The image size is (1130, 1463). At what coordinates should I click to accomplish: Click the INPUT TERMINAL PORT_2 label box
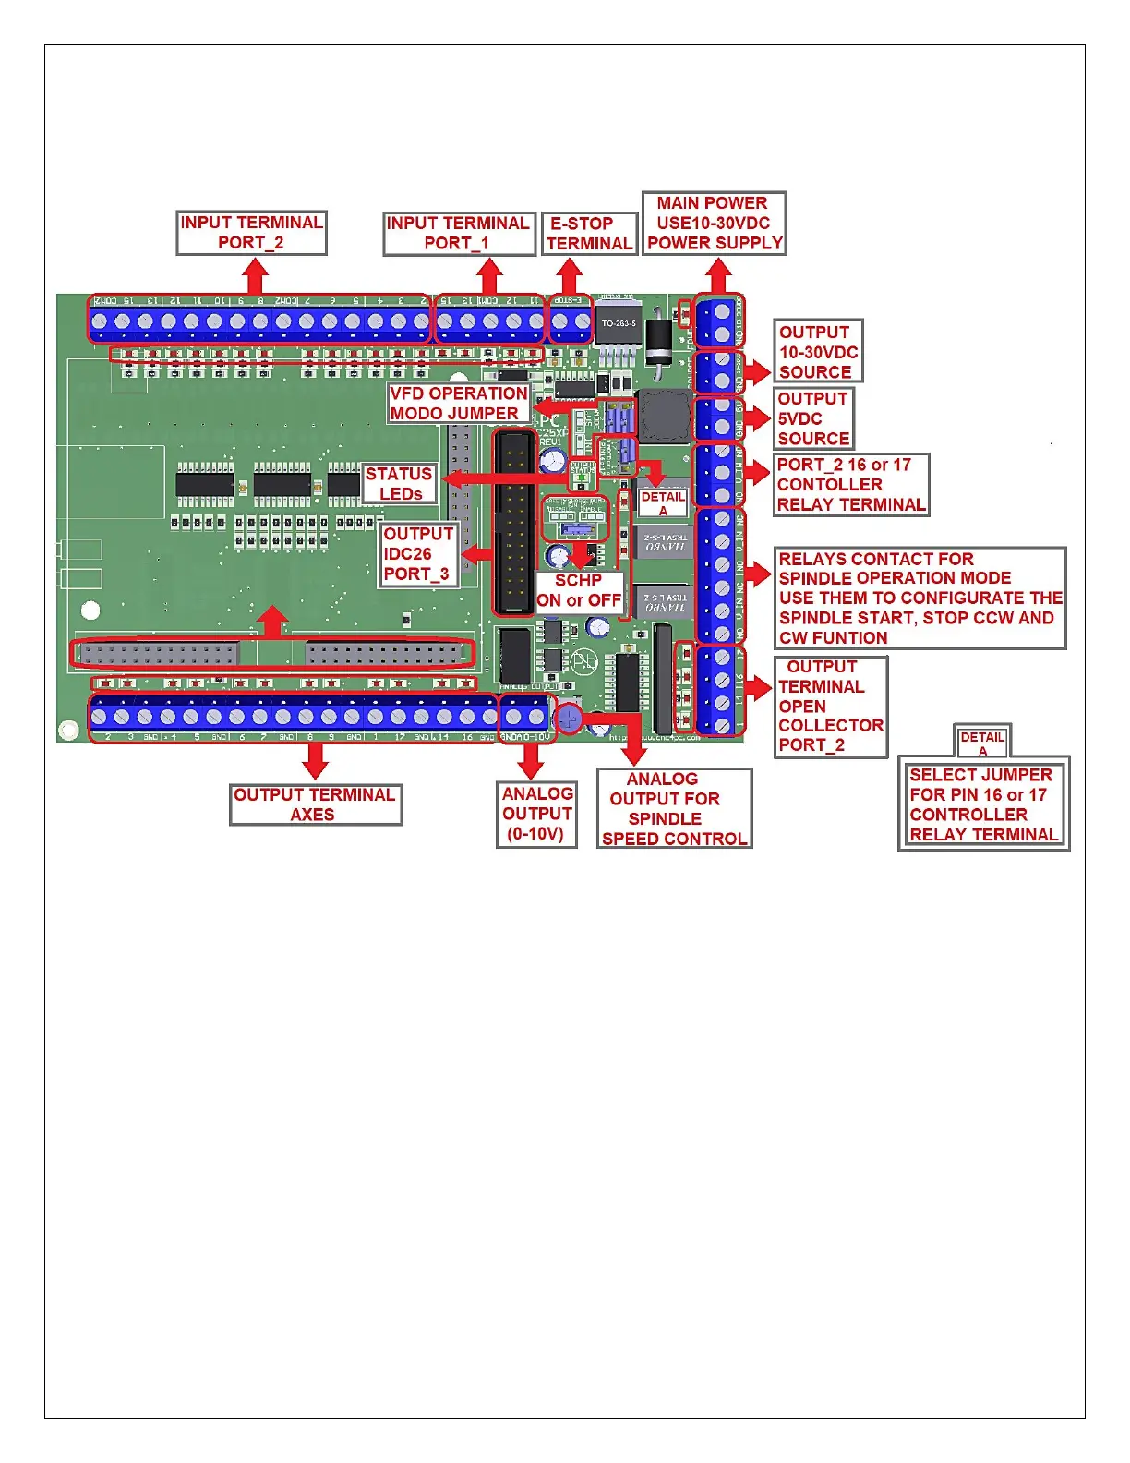coord(251,233)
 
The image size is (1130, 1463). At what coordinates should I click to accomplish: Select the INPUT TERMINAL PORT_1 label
coord(459,233)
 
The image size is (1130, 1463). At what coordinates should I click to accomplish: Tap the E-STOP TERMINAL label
coord(589,234)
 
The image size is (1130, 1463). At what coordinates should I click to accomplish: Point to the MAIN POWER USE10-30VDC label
coord(714,223)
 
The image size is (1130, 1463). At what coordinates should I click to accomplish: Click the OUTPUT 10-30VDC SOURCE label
coord(818,351)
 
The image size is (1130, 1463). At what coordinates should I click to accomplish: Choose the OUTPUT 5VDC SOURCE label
coord(812,418)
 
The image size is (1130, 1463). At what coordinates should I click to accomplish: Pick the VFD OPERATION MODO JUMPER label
coord(458,404)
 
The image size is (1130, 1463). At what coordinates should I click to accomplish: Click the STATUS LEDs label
coord(399,483)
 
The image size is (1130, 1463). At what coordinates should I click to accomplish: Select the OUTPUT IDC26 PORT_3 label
coord(418,553)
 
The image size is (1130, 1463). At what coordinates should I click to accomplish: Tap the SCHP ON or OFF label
coord(579,590)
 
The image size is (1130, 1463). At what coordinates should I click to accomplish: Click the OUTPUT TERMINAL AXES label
coord(315,804)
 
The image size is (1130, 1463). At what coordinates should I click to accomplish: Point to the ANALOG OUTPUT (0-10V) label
coord(536,814)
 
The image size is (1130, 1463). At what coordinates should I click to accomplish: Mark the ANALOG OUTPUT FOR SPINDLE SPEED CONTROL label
coord(674,809)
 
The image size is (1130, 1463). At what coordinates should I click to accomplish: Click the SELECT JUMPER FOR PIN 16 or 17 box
coord(983,804)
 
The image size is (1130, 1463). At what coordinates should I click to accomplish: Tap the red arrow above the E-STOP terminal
coord(570,275)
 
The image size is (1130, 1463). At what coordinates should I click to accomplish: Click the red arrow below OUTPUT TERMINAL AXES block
coord(316,760)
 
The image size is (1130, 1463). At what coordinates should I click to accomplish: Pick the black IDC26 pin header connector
coord(513,522)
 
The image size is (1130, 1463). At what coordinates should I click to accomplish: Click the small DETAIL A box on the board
coord(663,503)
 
